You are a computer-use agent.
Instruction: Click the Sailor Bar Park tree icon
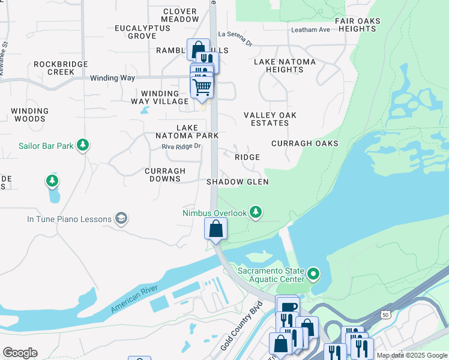83,145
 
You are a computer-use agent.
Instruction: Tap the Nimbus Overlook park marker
256,212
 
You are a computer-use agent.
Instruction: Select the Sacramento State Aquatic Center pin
313,275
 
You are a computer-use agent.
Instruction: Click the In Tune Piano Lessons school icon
122,219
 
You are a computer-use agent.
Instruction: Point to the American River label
137,298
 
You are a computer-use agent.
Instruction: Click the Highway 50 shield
385,314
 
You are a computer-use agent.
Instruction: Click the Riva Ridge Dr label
181,145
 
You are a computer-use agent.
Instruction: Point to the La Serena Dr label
236,34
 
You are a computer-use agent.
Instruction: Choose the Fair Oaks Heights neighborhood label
358,25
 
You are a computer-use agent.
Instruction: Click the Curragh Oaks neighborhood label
304,143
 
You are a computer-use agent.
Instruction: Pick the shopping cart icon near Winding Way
202,88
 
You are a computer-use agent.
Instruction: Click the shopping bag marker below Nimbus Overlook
215,229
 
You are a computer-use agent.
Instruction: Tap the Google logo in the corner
20,353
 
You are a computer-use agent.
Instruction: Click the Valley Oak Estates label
270,119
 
